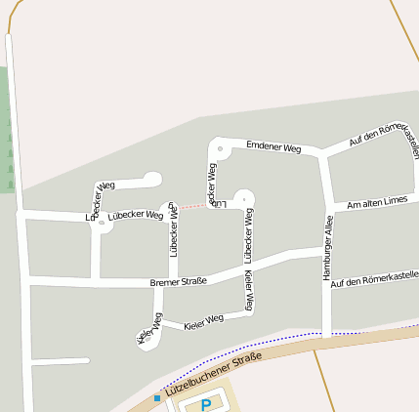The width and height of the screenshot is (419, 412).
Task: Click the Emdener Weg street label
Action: tap(273, 146)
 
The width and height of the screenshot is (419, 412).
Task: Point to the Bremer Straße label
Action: tap(178, 283)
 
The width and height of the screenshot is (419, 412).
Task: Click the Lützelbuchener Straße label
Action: tap(214, 374)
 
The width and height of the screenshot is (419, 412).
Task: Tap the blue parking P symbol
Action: tap(205, 404)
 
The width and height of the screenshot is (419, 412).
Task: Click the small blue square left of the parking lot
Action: tap(156, 398)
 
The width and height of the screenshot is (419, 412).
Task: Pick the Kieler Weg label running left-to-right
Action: tap(203, 320)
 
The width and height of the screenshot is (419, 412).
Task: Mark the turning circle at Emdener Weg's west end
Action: tap(220, 149)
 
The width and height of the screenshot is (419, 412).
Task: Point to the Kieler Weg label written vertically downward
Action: tap(250, 292)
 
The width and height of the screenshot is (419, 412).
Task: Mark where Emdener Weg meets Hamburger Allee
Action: tap(323, 154)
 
